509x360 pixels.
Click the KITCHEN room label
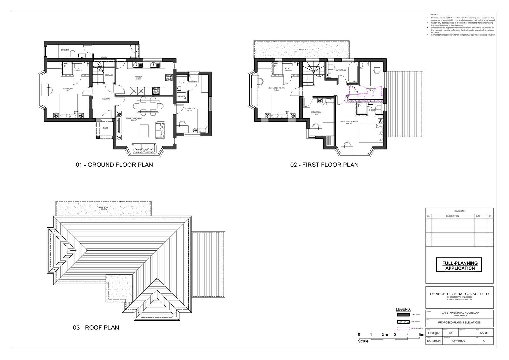click(138, 77)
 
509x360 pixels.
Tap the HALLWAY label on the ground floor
click(106, 99)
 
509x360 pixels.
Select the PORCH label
click(106, 128)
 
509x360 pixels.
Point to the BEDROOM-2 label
click(190, 109)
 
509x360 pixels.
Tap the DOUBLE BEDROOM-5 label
click(349, 122)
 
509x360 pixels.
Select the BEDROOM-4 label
click(316, 112)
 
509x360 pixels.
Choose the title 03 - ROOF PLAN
click(96, 328)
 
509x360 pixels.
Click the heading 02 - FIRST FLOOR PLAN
click(324, 165)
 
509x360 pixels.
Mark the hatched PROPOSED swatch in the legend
click(403, 321)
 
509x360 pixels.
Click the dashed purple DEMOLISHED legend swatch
click(403, 328)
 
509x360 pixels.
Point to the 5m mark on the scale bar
click(421, 335)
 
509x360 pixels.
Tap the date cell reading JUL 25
click(484, 333)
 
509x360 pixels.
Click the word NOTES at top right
click(434, 15)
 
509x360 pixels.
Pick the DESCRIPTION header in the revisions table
click(452, 216)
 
